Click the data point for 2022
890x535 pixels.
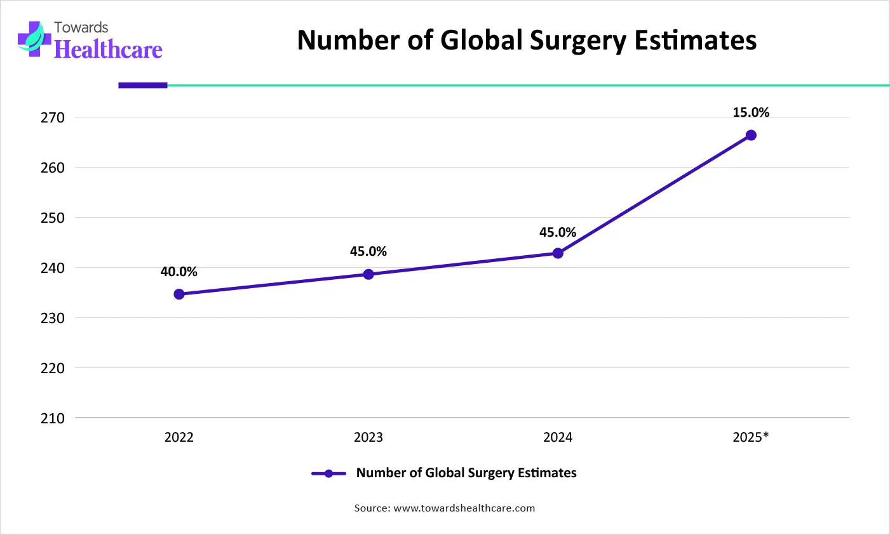(179, 294)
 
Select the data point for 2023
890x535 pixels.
(368, 274)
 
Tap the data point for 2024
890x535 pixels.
(558, 253)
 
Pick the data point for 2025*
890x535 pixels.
(751, 135)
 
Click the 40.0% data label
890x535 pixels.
(179, 272)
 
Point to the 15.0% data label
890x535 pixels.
(751, 112)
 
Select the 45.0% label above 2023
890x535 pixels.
(368, 251)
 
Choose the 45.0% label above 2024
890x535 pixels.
(558, 232)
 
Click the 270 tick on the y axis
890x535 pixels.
(53, 117)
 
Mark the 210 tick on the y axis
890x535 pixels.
(53, 418)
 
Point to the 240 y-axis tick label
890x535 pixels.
(53, 268)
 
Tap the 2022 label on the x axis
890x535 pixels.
(179, 437)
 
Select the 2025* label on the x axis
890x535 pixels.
(751, 437)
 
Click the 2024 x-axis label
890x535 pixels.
(558, 437)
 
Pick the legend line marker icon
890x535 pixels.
(328, 473)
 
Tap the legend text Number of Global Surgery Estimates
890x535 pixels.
(466, 473)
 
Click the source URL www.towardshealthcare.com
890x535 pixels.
(464, 508)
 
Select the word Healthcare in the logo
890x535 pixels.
(109, 50)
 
